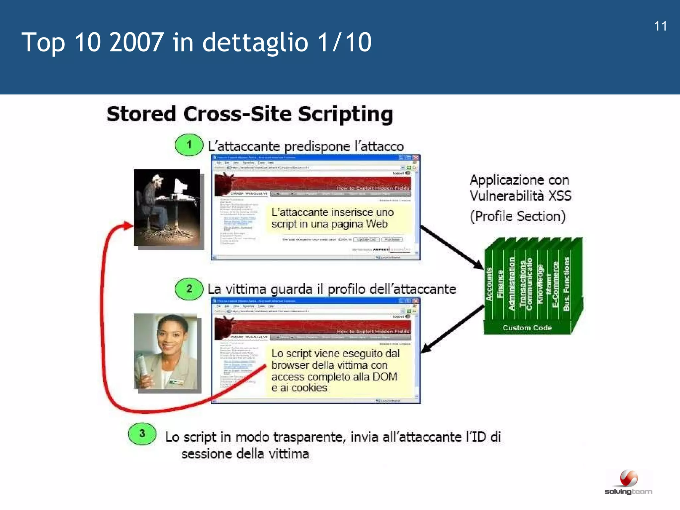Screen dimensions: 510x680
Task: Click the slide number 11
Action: point(660,26)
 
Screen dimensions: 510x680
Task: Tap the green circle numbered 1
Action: point(189,145)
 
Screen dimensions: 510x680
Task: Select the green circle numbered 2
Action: point(189,289)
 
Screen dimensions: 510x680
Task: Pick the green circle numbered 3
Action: point(142,434)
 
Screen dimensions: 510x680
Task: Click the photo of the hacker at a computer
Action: point(167,208)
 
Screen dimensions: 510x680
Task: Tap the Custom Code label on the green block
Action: point(527,328)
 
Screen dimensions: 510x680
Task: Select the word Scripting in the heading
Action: point(345,114)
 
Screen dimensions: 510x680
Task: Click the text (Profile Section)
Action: point(518,216)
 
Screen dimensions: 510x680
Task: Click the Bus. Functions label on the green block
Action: point(566,284)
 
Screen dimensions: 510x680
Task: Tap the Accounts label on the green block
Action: point(489,284)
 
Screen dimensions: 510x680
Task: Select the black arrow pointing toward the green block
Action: point(452,247)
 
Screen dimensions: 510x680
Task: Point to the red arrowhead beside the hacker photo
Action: point(127,225)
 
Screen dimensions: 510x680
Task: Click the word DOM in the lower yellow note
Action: point(385,377)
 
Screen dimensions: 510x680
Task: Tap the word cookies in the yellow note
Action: point(309,388)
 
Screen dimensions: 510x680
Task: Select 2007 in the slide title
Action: point(136,42)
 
